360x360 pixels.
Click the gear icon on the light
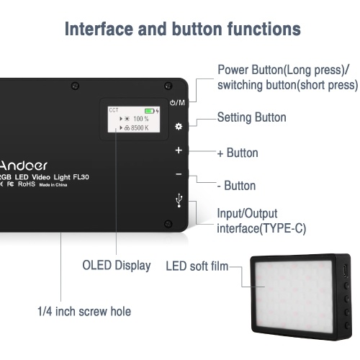pos(179,126)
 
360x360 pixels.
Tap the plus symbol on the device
pos(179,150)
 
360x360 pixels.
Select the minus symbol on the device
pos(179,174)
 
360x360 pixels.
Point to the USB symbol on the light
pos(179,201)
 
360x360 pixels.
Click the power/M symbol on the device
pos(177,103)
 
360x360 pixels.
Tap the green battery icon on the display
pos(149,111)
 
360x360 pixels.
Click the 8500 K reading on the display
pos(140,128)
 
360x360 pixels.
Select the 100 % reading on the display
pos(141,119)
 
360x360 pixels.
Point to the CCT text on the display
pos(114,110)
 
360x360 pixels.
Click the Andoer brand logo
pos(24,166)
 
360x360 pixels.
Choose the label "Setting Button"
pos(251,117)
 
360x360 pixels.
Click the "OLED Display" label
pos(117,266)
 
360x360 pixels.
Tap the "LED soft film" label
pos(197,266)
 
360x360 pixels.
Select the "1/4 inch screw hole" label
pos(84,311)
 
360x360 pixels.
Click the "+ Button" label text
pos(238,153)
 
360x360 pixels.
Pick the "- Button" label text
pos(236,186)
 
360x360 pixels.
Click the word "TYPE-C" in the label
pos(282,228)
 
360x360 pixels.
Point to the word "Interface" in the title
pos(99,29)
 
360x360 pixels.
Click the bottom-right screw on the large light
pos(168,224)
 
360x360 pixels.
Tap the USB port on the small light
pos(346,271)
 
